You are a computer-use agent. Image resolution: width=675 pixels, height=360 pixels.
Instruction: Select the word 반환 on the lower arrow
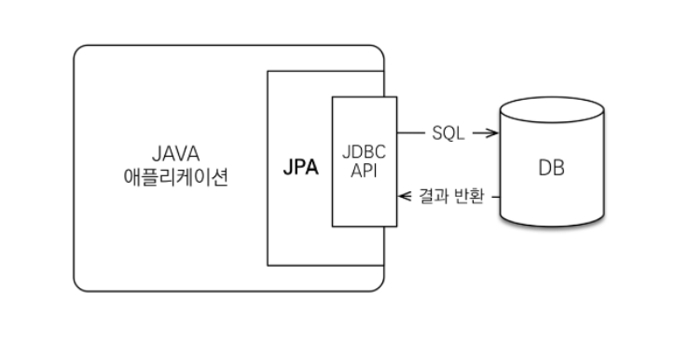468,197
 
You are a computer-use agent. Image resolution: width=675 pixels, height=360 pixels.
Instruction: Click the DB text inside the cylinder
551,170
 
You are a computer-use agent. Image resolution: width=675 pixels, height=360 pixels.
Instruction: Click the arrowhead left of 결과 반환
404,197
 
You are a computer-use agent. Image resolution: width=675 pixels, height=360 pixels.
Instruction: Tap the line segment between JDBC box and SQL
411,133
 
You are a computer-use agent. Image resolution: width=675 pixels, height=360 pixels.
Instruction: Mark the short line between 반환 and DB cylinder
495,197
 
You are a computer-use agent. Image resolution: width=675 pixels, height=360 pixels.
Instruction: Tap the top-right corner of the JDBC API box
396,96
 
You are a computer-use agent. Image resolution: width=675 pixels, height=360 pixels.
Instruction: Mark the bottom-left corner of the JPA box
268,266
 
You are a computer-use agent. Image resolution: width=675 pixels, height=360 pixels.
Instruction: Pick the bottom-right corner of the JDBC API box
396,227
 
